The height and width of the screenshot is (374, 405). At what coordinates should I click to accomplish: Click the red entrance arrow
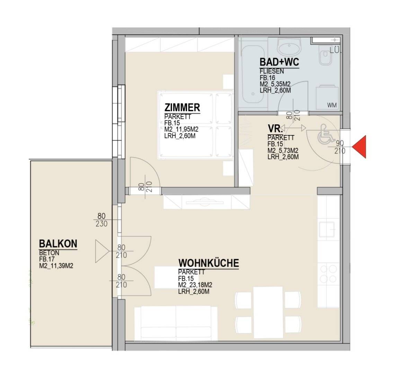pos(360,146)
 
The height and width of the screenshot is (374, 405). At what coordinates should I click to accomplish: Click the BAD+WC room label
pos(279,62)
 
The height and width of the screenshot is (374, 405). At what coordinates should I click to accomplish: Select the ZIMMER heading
pos(182,107)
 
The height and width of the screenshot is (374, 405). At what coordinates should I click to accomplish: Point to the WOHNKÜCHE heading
pos(209,263)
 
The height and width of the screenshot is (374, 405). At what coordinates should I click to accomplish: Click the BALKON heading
pos(58,244)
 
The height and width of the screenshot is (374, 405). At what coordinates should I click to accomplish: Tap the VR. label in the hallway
pos(275,128)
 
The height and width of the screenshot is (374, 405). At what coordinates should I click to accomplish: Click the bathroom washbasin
pos(289,48)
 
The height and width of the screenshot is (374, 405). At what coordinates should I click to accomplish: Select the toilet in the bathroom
pos(327,55)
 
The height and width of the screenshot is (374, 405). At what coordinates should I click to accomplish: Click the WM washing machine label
pos(332,105)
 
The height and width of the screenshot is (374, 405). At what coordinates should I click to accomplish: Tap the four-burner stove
pos(328,274)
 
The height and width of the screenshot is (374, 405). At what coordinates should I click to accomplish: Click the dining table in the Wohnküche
pos(268,312)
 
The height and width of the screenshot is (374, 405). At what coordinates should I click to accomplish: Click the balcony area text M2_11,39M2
pos(56,266)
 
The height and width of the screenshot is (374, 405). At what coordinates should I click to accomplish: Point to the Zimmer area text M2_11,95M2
pos(181,129)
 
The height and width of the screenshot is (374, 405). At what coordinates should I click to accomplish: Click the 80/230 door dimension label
pos(102,220)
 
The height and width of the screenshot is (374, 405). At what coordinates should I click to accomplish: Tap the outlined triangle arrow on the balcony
pos(102,251)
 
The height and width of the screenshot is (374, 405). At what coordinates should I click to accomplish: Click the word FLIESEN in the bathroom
pos(272,71)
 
